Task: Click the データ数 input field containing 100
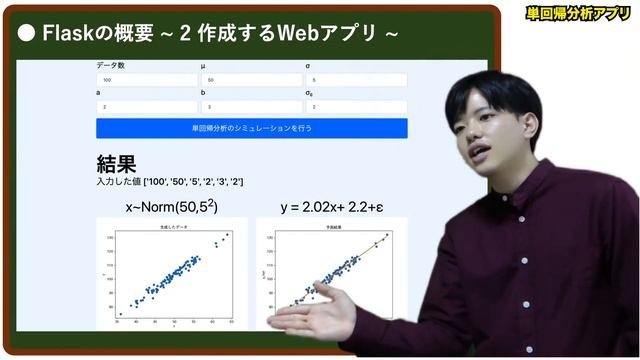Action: (x=146, y=80)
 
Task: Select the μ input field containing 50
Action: (x=250, y=80)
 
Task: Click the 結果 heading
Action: (x=116, y=163)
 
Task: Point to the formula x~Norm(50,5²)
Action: (x=171, y=207)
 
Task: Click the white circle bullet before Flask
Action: (x=28, y=33)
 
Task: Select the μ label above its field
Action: (x=204, y=66)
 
